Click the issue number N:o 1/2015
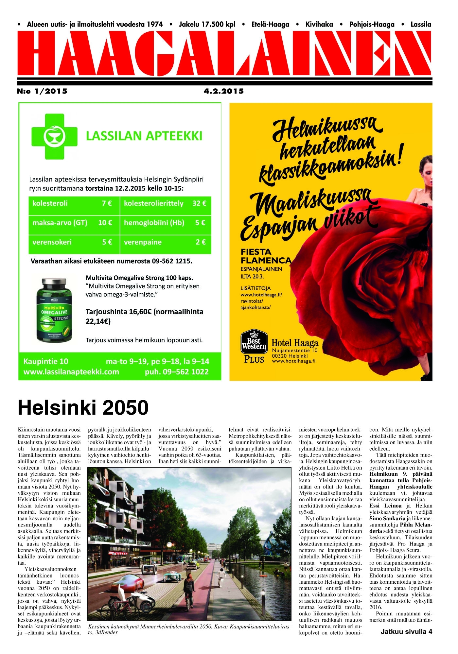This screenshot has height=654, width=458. tap(42, 91)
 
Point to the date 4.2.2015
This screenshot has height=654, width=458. tap(224, 91)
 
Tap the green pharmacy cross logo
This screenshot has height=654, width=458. tap(54, 136)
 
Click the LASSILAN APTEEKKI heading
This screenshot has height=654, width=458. tap(144, 136)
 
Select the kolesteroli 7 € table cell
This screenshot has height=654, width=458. tap(74, 203)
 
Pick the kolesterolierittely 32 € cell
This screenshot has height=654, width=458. tap(165, 203)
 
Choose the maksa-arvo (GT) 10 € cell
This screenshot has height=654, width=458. tap(74, 223)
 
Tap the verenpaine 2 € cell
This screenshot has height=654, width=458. tap(165, 242)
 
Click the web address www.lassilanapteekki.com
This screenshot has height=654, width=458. tap(71, 372)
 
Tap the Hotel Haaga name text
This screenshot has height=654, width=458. tap(295, 343)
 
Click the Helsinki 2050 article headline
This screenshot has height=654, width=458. tap(83, 407)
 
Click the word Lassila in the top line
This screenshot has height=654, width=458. tap(421, 25)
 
